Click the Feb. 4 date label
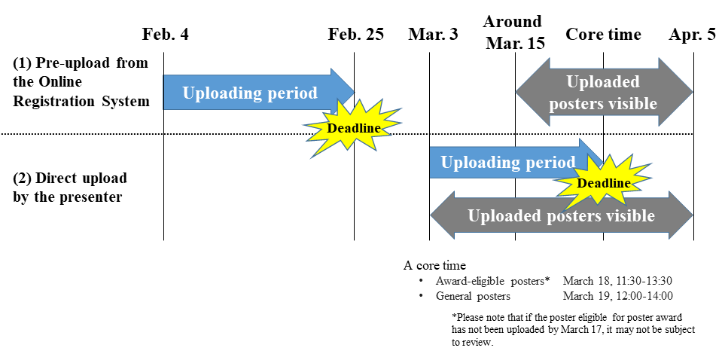point(166,35)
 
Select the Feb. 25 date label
point(355,35)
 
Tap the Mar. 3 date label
point(433,35)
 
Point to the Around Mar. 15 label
point(515,32)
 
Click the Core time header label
point(603,35)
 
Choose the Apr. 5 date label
point(693,35)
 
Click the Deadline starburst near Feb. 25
point(353,129)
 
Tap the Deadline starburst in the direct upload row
point(603,183)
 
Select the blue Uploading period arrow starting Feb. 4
point(259,92)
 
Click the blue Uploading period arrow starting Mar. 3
point(516,162)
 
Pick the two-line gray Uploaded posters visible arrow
point(604,92)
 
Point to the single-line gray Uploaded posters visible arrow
point(562,215)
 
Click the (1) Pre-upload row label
point(81,81)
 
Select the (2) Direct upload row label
point(69,188)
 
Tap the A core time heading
point(434,266)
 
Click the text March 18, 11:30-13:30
point(618,281)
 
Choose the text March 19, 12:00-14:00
point(618,296)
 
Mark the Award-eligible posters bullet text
point(493,281)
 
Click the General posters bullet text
point(473,296)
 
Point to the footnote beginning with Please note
point(573,330)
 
